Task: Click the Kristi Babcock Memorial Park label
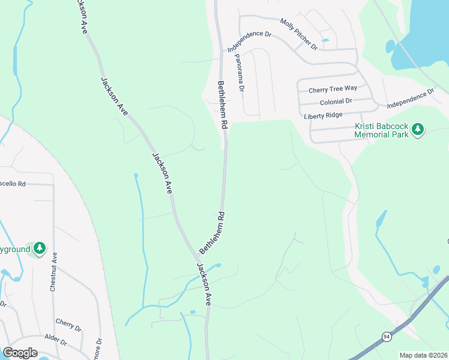coord(381,130)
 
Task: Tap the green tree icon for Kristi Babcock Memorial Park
coord(418,129)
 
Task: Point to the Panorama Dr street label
coord(240,71)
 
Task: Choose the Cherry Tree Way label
coord(333,90)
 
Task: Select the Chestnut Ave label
coord(53,272)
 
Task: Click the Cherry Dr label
coord(68,325)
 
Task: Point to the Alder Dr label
coord(55,339)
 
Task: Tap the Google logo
coord(19,353)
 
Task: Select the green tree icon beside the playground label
coord(39,248)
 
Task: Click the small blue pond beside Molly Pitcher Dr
coord(325,40)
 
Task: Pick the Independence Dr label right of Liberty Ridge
coord(409,99)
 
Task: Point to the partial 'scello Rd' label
coord(13,184)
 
